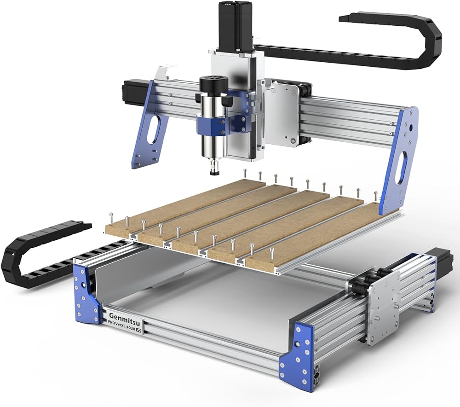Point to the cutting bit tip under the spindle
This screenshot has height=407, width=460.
(213, 173)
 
